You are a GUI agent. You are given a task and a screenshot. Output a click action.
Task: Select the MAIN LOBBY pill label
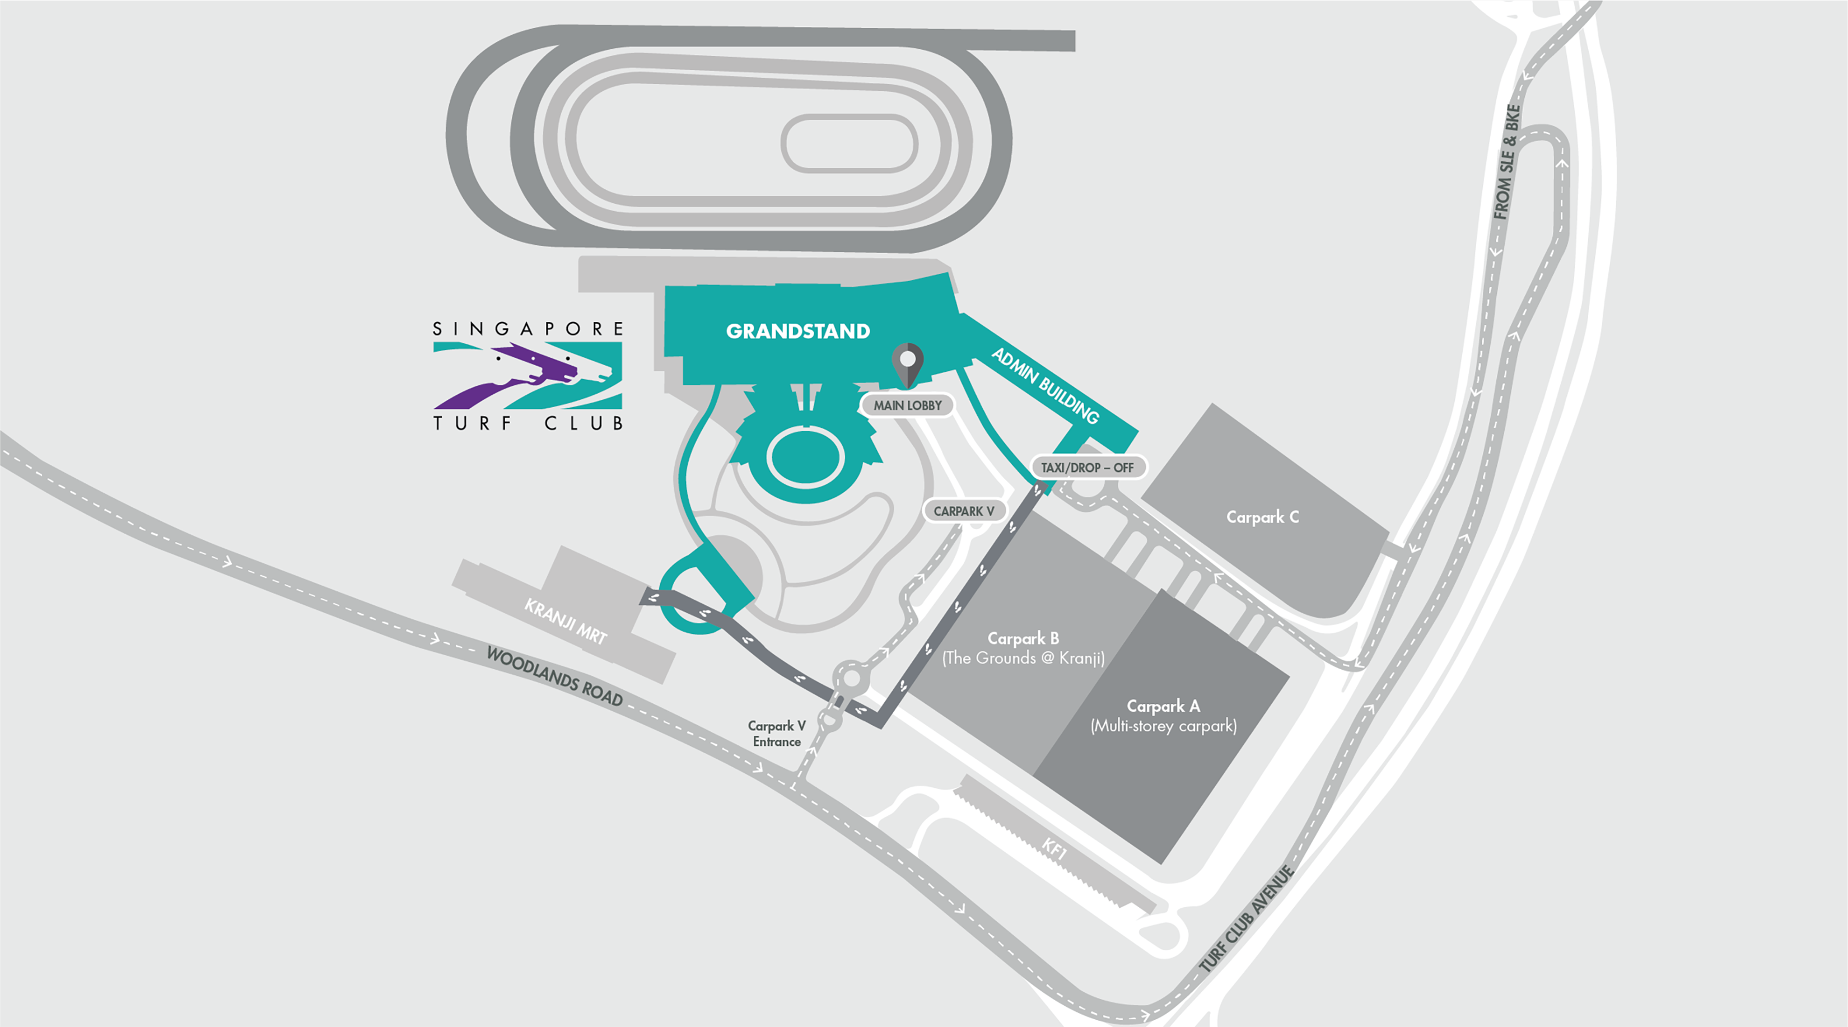coord(908,405)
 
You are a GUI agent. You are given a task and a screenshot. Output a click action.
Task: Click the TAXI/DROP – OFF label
coord(1087,468)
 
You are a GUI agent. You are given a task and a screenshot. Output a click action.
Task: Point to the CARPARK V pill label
coord(963,511)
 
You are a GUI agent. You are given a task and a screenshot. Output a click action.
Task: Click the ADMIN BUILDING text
coord(1044,385)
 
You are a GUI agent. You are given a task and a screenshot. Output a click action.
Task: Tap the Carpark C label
coord(1262,517)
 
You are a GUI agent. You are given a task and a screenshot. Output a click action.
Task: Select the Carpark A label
coord(1163,707)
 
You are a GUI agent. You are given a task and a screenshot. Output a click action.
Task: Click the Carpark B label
coord(1023,638)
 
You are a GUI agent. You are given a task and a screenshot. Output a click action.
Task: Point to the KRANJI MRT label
coord(565,621)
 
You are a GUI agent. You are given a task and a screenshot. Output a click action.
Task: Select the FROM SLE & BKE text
coord(1506,161)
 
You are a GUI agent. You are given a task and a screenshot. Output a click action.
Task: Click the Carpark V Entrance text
coord(776,734)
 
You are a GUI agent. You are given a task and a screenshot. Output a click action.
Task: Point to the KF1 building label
coord(1054,849)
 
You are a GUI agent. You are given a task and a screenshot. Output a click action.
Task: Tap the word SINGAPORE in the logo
coord(528,329)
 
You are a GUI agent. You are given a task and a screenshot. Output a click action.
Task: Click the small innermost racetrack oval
coord(848,143)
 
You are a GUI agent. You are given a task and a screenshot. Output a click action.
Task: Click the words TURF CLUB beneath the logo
coord(528,423)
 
